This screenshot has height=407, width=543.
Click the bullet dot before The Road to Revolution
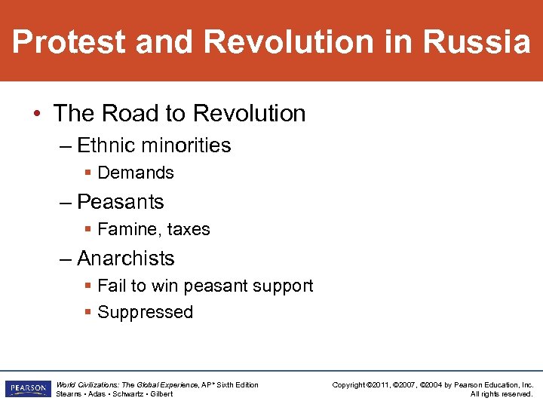38,114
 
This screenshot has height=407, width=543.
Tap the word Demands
136,173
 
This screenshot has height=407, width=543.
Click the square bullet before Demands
88,173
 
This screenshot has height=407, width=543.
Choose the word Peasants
121,202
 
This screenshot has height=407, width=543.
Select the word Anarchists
126,259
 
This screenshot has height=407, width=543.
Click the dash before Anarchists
66,259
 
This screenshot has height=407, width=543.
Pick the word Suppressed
146,312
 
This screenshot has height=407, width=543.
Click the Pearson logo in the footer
26,389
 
